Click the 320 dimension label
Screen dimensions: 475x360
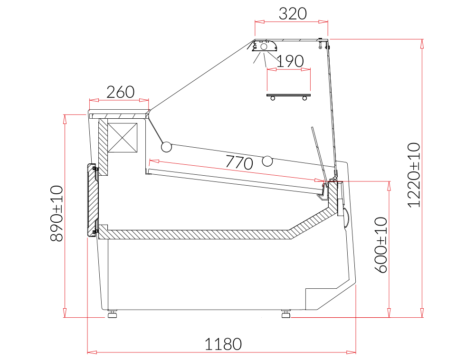tap(292, 14)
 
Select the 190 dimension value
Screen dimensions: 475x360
tap(290, 61)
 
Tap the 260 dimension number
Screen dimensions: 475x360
tap(120, 92)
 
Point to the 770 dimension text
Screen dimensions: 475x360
tap(239, 162)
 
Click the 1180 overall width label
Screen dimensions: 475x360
tap(223, 344)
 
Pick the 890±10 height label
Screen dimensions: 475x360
tap(57, 213)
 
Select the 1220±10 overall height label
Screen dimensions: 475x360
tap(414, 175)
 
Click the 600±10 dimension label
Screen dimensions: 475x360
tap(381, 245)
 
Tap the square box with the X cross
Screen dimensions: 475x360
tap(123, 137)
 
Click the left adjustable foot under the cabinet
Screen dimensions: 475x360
tap(113, 313)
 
